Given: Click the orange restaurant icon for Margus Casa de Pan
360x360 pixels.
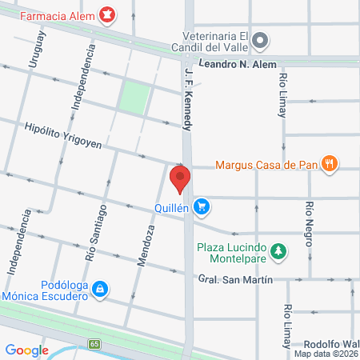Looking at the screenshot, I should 328,166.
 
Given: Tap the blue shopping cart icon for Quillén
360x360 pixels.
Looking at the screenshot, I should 203,206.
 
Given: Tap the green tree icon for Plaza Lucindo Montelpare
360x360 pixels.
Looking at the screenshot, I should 278,252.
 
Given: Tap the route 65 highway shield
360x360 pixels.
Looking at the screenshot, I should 94,344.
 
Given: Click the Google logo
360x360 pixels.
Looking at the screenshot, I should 27,350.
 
